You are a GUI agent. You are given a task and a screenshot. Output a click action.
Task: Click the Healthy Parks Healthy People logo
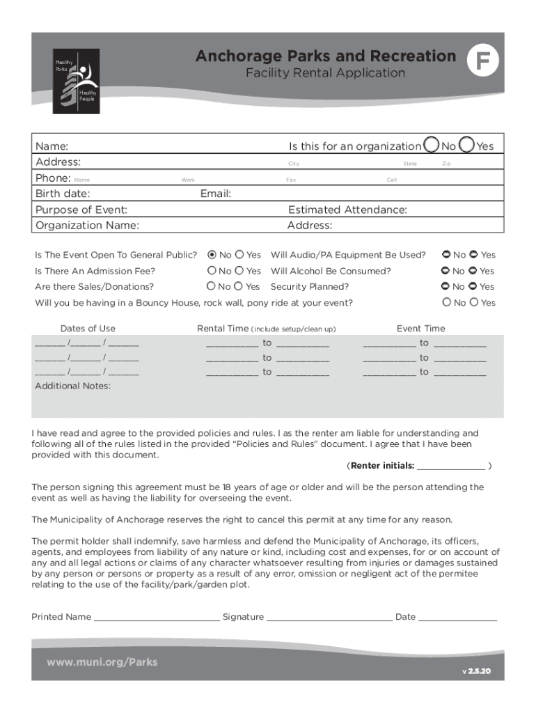tap(77, 82)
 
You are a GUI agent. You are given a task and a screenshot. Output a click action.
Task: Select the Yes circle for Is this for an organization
tap(466, 145)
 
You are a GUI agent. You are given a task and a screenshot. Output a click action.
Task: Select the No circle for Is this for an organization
tap(432, 145)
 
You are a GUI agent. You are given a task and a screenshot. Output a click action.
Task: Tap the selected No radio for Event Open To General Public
tap(212, 255)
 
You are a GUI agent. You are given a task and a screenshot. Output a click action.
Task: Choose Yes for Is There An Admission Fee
tap(239, 271)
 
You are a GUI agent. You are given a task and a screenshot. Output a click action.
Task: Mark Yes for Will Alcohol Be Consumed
tap(473, 271)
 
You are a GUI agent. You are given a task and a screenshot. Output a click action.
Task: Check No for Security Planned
tap(446, 286)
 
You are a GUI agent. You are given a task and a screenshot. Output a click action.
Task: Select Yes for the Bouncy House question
tap(474, 302)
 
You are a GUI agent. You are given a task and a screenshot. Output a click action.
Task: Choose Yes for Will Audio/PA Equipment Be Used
tap(474, 255)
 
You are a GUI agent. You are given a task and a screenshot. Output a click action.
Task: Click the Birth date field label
tap(63, 194)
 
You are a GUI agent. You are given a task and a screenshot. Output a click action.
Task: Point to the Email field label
tap(215, 194)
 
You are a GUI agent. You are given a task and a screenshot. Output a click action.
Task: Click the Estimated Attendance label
tap(347, 210)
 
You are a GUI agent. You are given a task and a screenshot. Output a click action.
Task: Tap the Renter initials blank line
tap(451, 467)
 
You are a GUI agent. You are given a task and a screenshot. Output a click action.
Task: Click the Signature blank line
tap(329, 618)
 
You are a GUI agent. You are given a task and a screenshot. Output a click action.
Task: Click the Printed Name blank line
tap(156, 618)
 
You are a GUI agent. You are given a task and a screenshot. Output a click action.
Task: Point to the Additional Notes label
tap(72, 386)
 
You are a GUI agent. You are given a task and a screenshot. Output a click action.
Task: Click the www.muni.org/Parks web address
tap(102, 662)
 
